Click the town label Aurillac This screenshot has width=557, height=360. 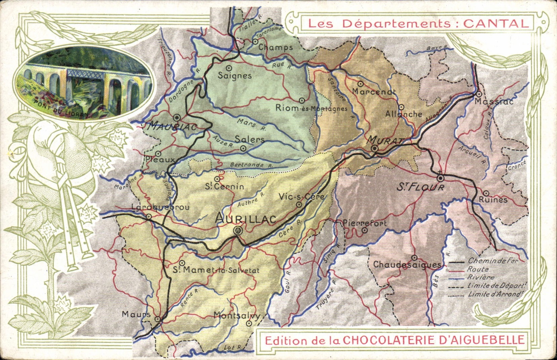click(x=245, y=219)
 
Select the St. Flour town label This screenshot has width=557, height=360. click(x=420, y=187)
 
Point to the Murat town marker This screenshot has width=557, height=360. click(x=375, y=149)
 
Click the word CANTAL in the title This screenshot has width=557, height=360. click(x=496, y=24)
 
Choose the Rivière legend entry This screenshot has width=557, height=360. click(x=481, y=278)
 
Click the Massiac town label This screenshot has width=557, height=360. click(x=493, y=101)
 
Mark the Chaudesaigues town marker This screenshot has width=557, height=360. click(x=414, y=258)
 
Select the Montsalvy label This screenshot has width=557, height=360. click(x=237, y=316)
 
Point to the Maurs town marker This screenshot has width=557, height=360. click(x=157, y=319)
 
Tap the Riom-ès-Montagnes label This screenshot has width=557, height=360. click(x=311, y=108)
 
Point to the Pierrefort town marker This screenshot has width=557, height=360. click(x=364, y=230)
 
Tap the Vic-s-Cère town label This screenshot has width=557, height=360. click(x=302, y=197)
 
